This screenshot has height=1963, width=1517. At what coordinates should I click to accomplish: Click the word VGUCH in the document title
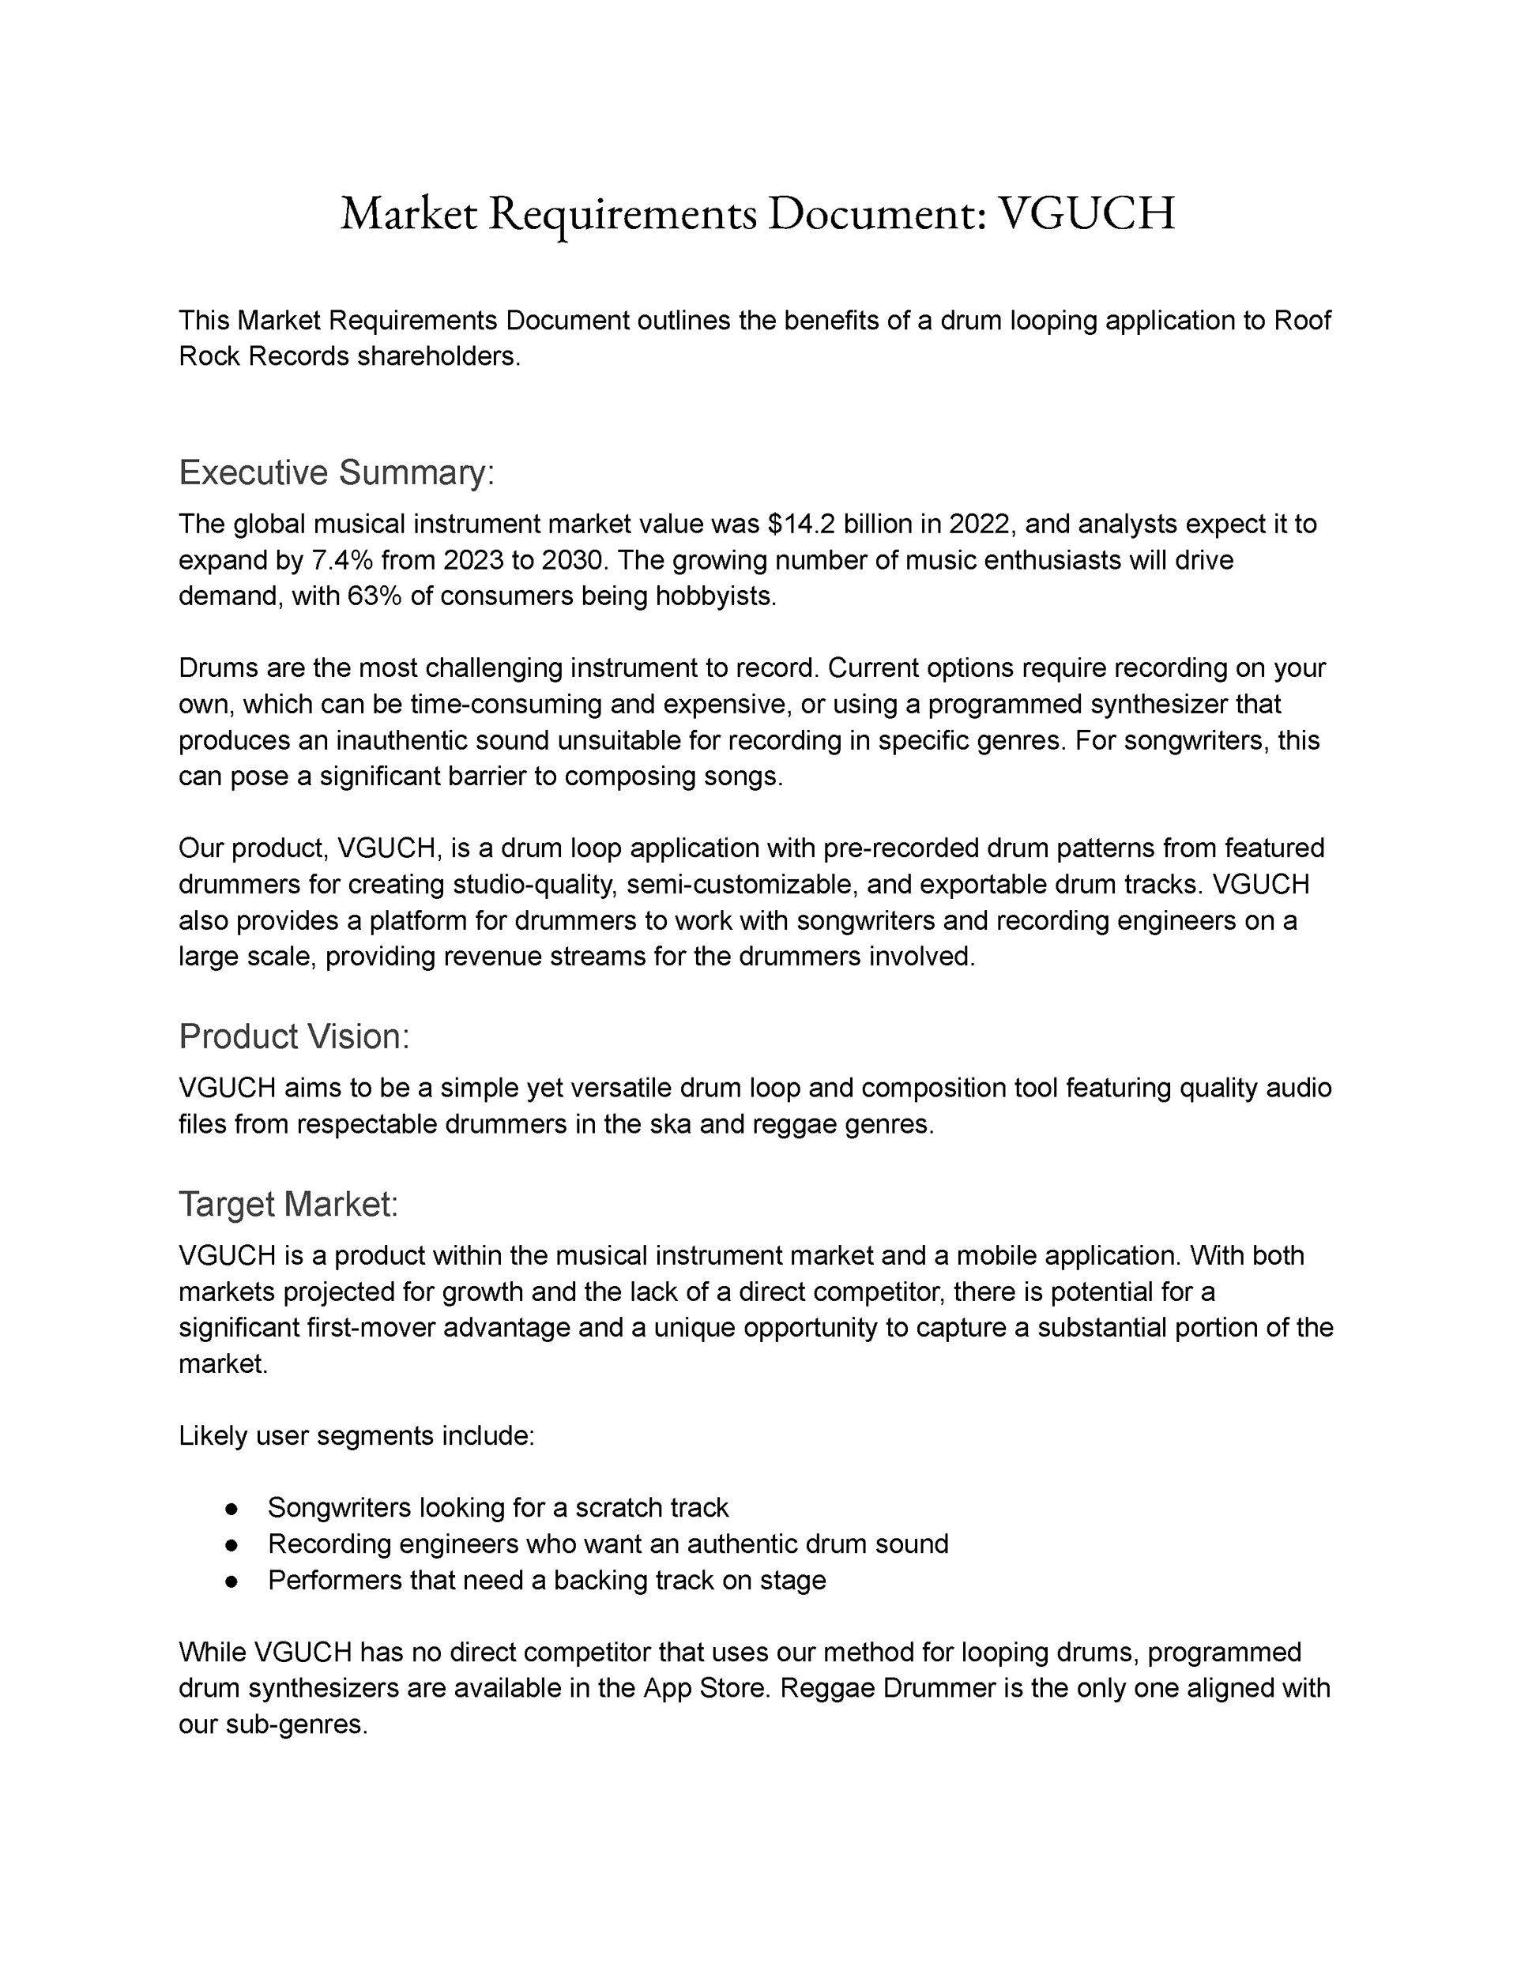click(x=1086, y=214)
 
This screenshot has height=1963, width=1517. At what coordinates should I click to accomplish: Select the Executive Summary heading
click(x=337, y=472)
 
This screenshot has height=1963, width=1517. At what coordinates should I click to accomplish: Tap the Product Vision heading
click(x=294, y=1036)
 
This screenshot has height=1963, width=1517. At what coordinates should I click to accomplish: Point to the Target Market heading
click(x=288, y=1205)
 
